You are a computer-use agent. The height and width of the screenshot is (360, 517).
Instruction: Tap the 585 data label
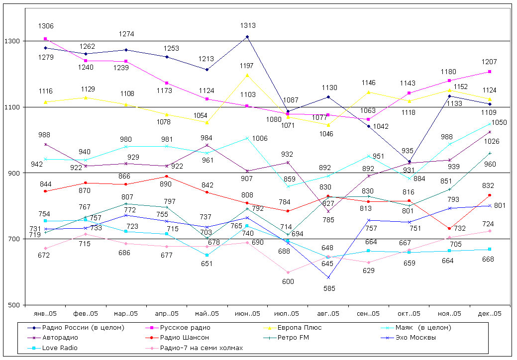[328, 288]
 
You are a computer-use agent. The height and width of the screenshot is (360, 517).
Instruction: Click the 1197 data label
[247, 66]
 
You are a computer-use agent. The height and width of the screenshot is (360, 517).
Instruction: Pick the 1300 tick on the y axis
[13, 41]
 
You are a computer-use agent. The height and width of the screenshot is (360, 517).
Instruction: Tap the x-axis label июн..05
[247, 314]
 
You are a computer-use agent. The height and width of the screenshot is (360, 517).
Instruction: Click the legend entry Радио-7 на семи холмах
[202, 348]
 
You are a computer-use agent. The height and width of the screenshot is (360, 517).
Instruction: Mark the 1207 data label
[490, 62]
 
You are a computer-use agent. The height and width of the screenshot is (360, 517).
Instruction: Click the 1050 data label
[500, 123]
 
